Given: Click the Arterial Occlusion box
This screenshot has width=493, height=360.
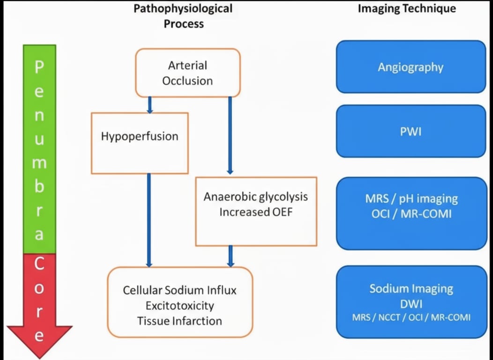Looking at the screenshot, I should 187,73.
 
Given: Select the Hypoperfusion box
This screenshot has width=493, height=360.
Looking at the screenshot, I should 140,143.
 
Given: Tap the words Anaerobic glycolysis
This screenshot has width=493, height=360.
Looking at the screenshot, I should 256,196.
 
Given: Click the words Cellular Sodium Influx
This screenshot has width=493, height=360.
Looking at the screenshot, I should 179,290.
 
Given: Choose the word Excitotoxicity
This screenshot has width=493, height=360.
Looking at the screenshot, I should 179,306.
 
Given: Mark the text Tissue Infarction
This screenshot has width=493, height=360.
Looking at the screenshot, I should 179,321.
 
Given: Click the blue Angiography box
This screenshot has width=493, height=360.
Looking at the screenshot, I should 411,67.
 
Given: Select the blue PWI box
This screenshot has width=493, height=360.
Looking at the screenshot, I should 411,131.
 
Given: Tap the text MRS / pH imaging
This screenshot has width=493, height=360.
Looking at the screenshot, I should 411,198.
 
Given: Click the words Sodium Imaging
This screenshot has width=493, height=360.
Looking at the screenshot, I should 411,288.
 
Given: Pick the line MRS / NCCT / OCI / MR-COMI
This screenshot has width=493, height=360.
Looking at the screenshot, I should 411,317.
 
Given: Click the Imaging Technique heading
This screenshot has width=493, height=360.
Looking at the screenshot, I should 407,8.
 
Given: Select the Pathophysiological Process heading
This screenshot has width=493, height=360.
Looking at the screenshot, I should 183,15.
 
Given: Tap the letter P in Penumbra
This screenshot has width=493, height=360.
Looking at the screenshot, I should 39,67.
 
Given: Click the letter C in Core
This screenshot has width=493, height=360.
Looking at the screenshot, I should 39,264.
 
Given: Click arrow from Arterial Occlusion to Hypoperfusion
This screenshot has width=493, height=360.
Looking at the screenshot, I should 150,105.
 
